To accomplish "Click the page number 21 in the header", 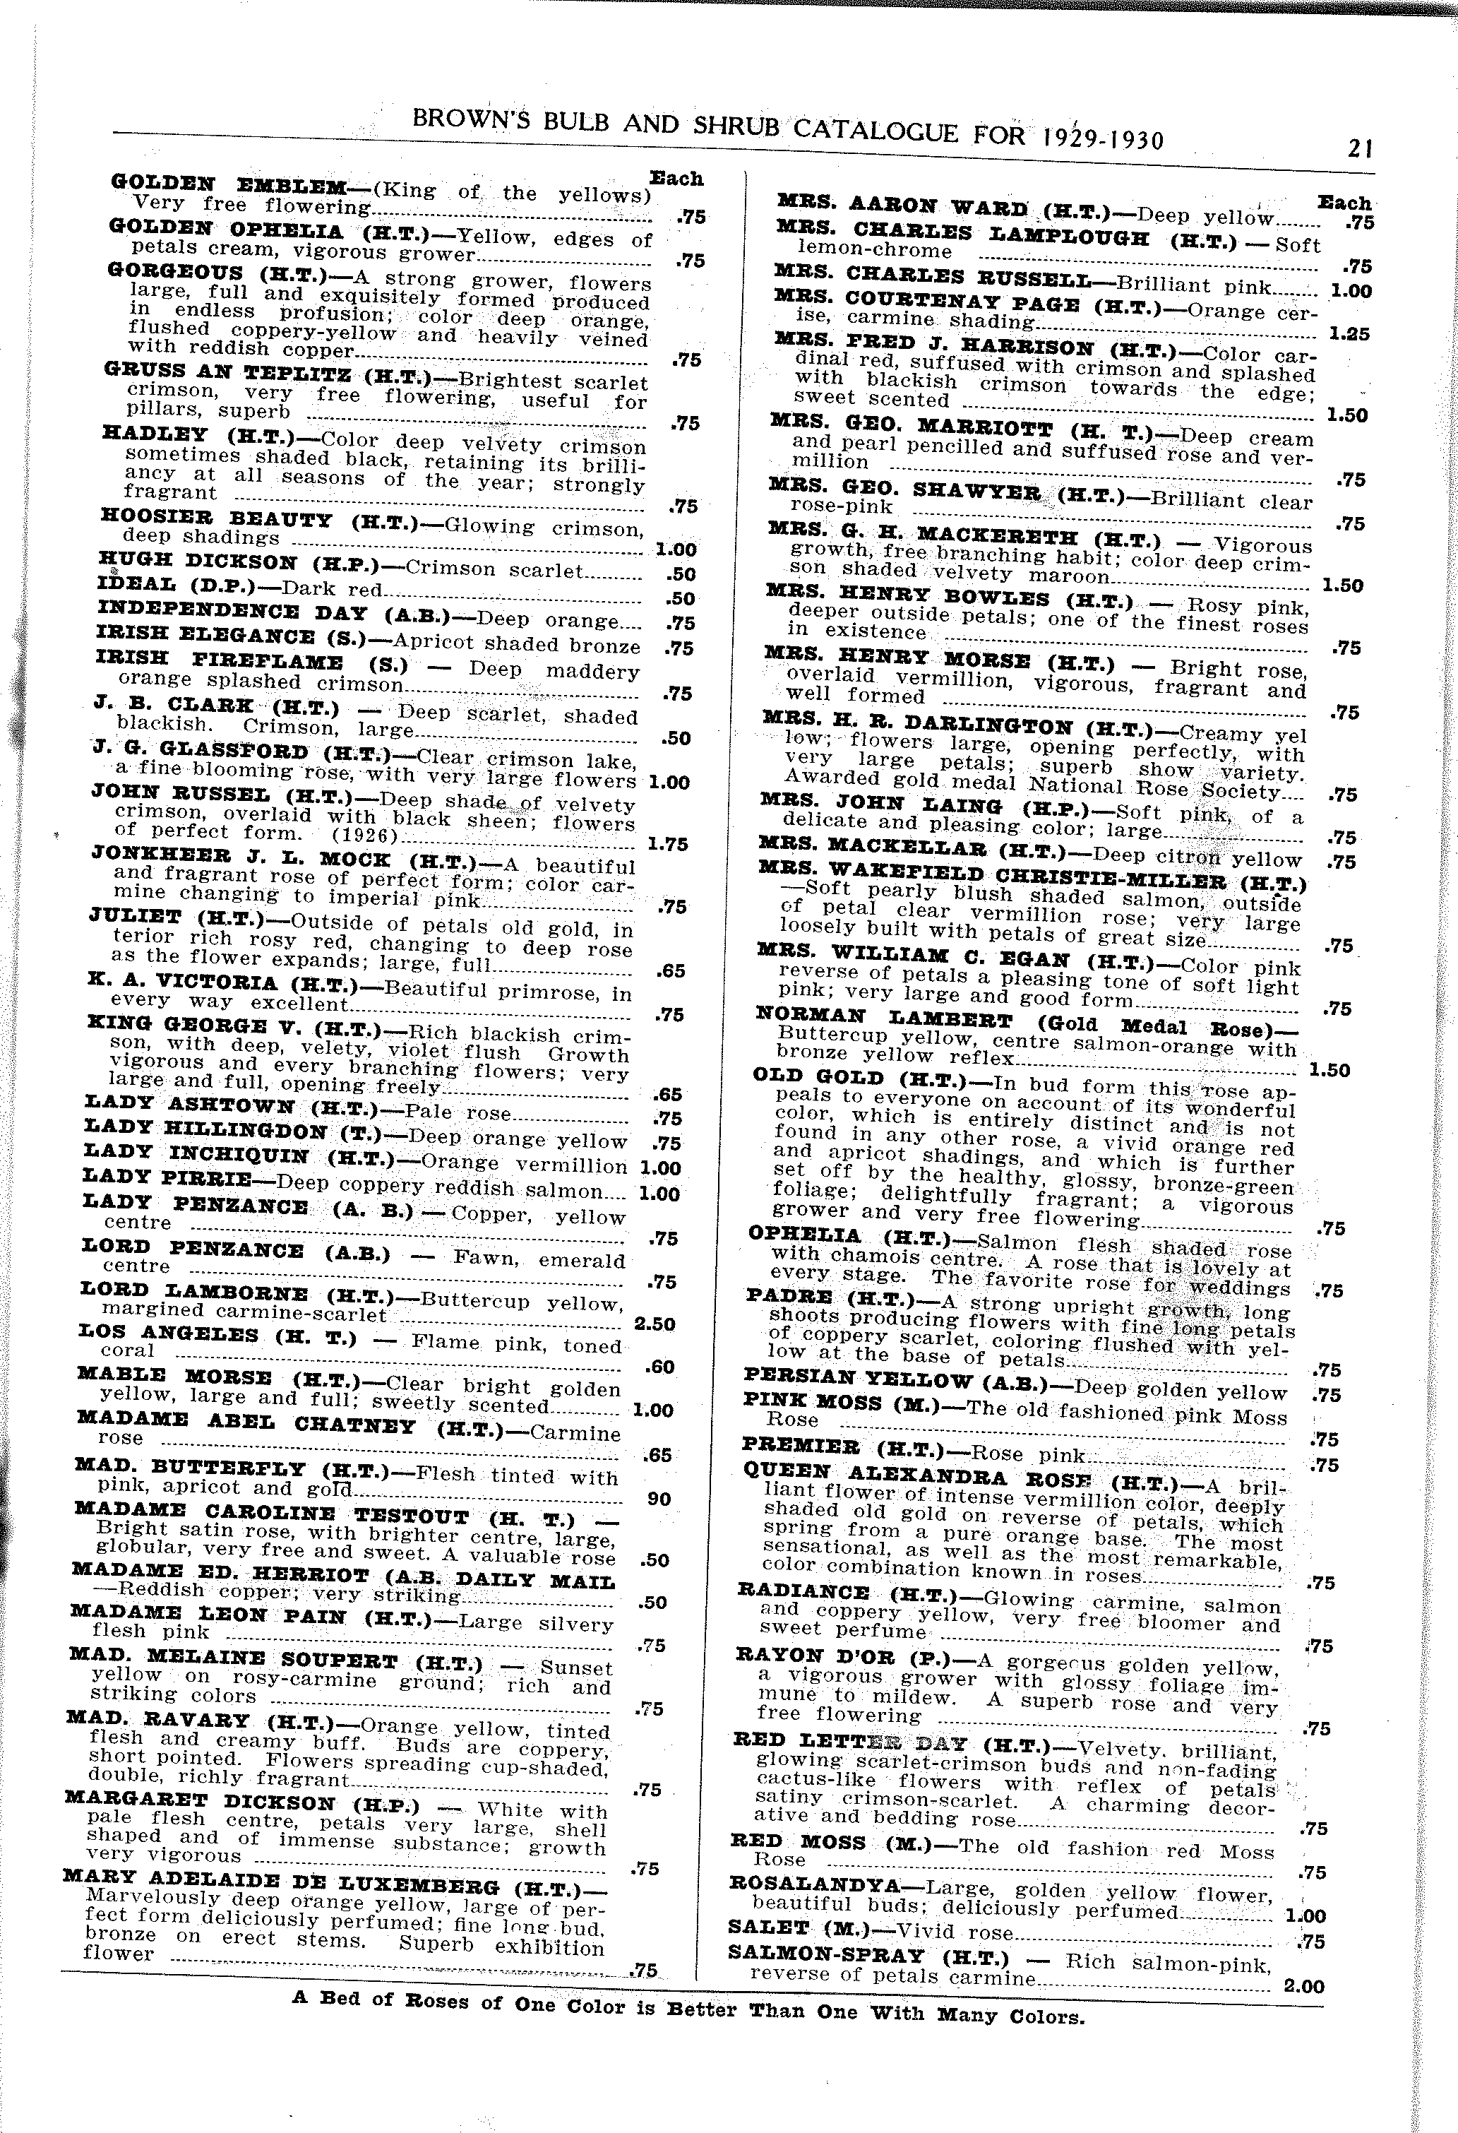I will coord(1360,148).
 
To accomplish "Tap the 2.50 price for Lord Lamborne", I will coord(655,1324).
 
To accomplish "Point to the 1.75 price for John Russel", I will coord(667,843).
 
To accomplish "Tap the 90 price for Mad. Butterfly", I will coord(659,1499).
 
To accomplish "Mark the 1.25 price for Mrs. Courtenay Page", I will coord(1348,333).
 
